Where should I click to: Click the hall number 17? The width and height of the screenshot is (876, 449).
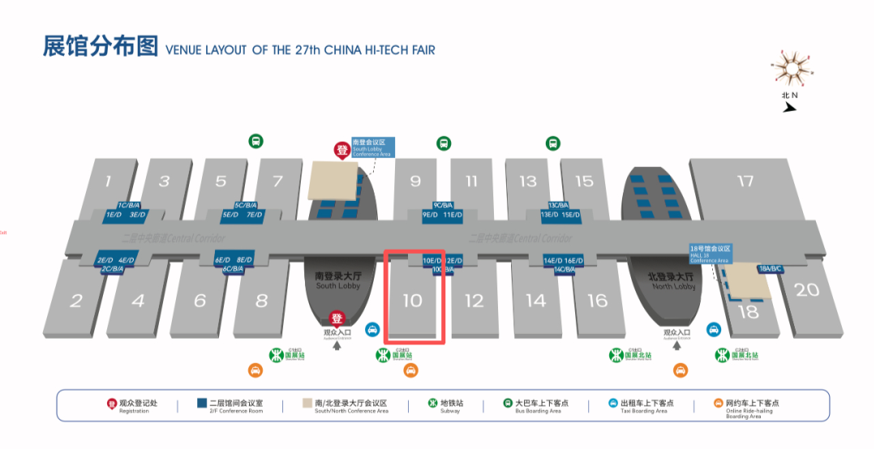point(745,181)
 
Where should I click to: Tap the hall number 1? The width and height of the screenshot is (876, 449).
point(108,181)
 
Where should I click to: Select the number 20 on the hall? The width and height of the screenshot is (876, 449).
point(806,289)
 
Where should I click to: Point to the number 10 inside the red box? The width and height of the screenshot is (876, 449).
point(413,301)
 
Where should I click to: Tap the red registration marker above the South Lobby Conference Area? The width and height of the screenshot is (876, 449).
point(341,151)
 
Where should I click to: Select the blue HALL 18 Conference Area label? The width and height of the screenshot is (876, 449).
point(710,254)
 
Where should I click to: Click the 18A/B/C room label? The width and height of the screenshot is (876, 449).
point(770,268)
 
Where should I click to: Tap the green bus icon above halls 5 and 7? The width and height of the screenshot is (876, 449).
point(255,141)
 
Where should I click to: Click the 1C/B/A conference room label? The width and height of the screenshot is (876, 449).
point(129,205)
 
